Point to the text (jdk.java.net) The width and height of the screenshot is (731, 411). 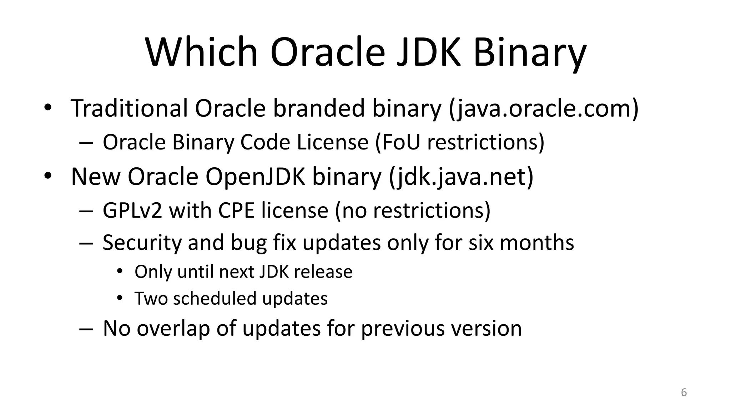[x=461, y=177]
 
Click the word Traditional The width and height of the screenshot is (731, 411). [x=129, y=108]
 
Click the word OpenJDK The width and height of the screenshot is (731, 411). [x=255, y=177]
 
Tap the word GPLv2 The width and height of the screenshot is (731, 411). [x=132, y=210]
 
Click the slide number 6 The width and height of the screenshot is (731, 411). [x=684, y=392]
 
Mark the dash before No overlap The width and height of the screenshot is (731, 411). [x=86, y=329]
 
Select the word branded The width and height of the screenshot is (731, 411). [x=319, y=108]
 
